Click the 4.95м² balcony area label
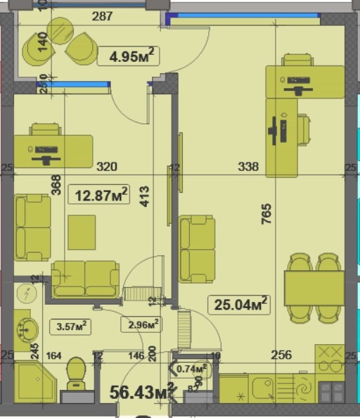click(x=131, y=55)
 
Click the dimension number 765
click(x=266, y=213)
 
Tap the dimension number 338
click(x=248, y=167)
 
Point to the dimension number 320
click(x=106, y=167)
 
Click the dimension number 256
click(x=281, y=355)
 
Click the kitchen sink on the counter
click(x=264, y=388)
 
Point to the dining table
click(x=314, y=287)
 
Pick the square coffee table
click(x=82, y=232)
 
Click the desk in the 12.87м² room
click(x=53, y=151)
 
